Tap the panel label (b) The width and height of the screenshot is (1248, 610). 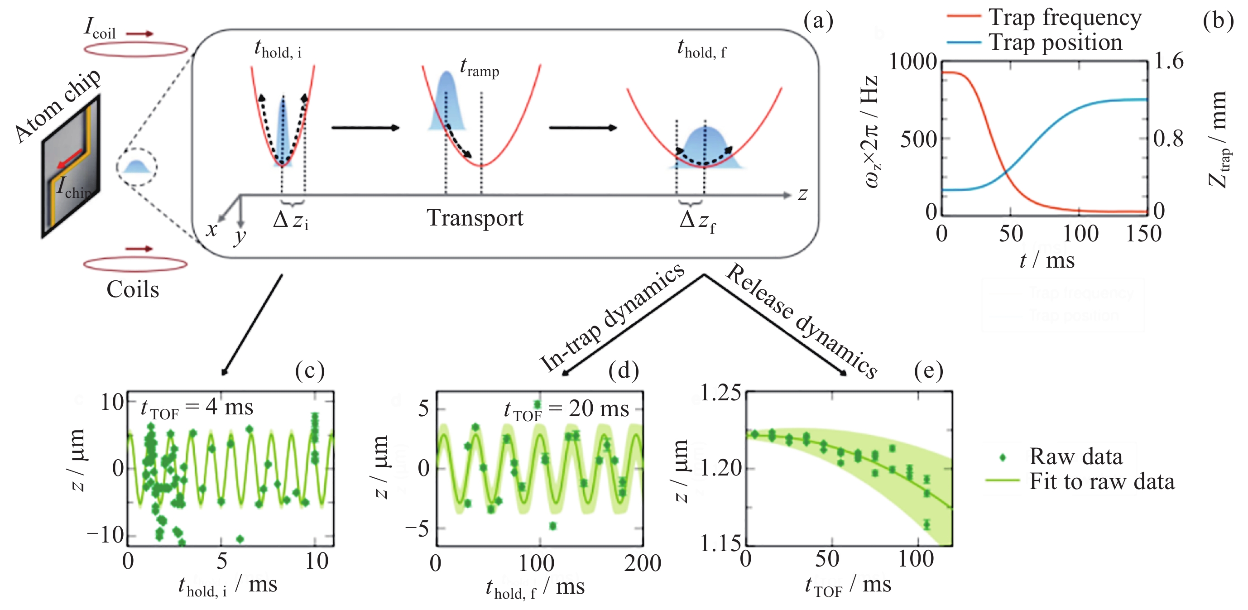(1218, 21)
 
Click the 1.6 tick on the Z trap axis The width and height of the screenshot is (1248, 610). (1169, 61)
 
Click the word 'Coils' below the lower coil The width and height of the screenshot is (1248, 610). (133, 290)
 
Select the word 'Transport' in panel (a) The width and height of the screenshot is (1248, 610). (475, 218)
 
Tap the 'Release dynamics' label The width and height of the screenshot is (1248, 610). (802, 321)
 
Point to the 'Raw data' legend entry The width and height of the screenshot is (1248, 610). (1075, 456)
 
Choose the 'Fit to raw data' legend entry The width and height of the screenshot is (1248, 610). (1101, 481)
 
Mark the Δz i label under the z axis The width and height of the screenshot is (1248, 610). (291, 221)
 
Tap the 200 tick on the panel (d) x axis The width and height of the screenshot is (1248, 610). (643, 563)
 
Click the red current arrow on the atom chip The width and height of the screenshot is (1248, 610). (70, 159)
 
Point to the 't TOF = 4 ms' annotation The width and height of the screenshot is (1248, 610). (197, 408)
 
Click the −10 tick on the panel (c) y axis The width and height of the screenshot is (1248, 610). (105, 535)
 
